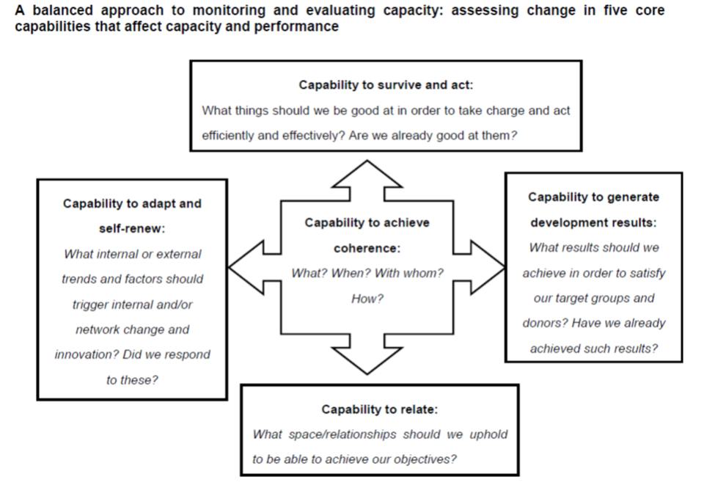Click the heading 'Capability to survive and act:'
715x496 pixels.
click(386, 85)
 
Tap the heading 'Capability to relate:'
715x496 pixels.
click(379, 409)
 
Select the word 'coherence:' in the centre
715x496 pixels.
click(367, 249)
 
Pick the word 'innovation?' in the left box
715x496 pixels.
click(85, 354)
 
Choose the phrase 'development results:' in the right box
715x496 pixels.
click(593, 222)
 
